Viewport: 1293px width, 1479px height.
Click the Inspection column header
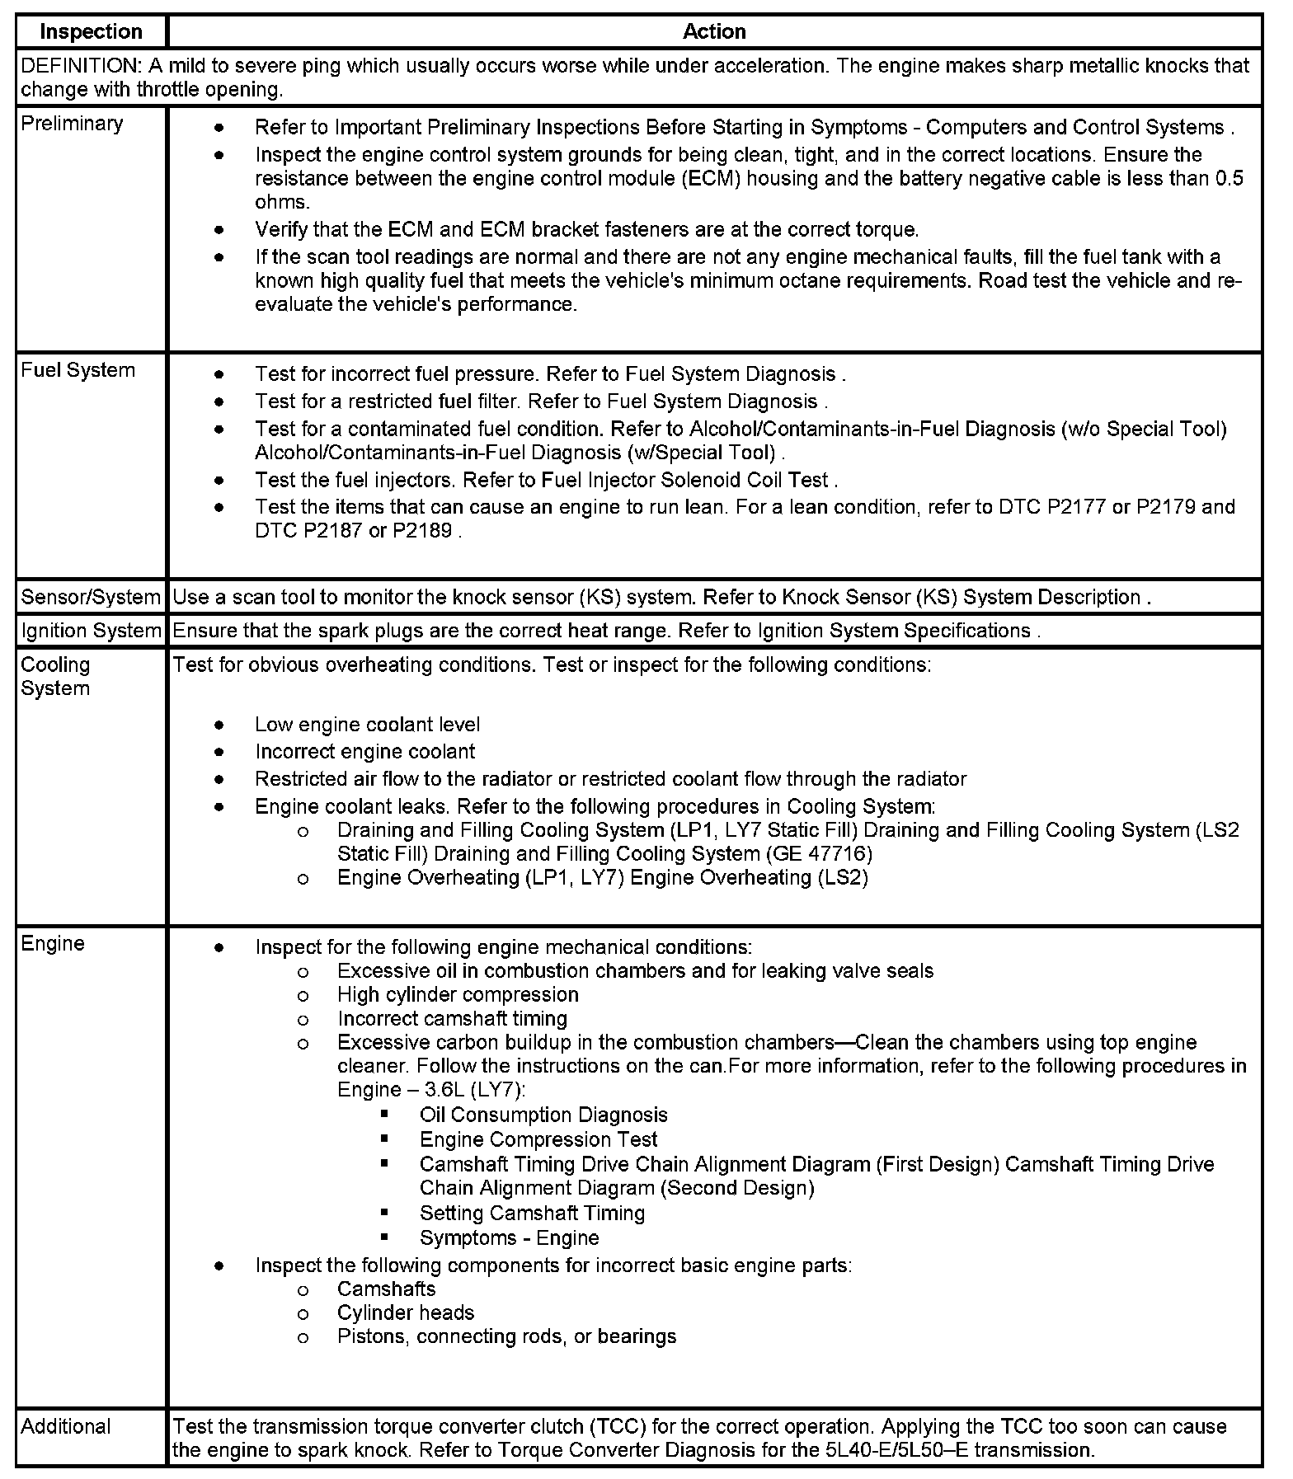coord(91,32)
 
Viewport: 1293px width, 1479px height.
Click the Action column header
coord(714,32)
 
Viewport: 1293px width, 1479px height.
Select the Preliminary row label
coord(72,124)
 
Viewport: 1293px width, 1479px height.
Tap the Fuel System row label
coord(78,370)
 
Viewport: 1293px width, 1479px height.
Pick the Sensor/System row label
coord(91,597)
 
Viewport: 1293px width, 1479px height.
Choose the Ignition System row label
coord(91,631)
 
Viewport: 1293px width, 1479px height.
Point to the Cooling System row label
coord(55,676)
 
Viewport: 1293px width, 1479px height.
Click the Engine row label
coord(53,943)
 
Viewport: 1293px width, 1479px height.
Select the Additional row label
coord(66,1426)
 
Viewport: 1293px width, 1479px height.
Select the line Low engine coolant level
coord(367,725)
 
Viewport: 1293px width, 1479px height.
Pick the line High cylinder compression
coord(458,994)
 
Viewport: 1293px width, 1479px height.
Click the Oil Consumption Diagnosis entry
coord(543,1115)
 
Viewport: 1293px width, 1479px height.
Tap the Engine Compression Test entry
coord(538,1139)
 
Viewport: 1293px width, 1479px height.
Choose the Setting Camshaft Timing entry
coord(532,1213)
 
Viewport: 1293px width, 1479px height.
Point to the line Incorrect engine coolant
coord(364,752)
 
